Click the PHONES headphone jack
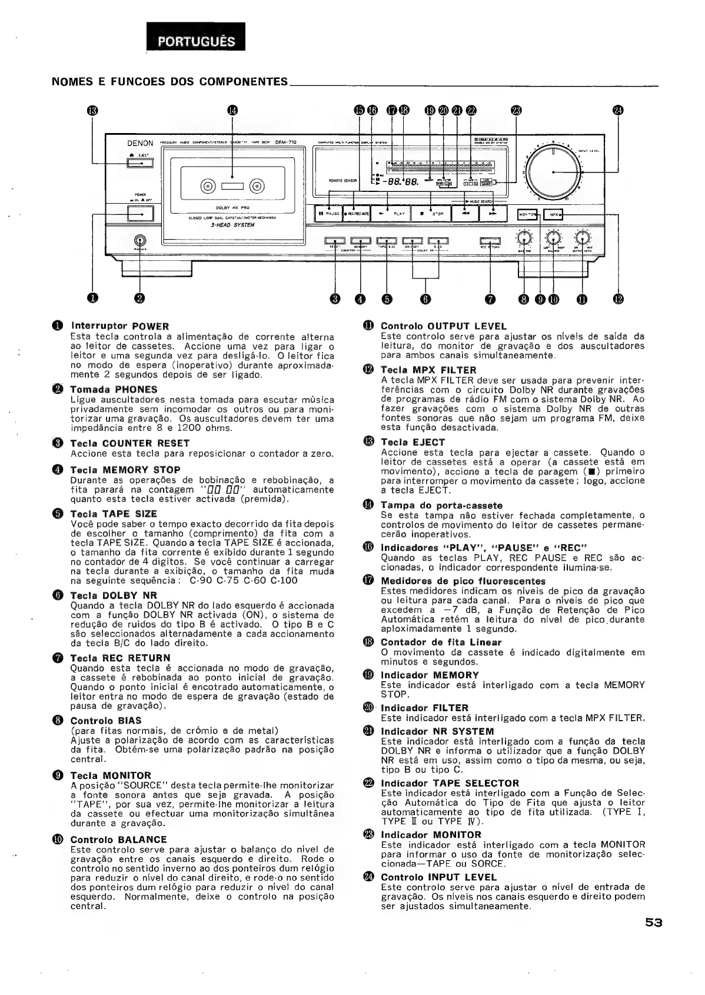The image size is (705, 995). click(x=140, y=240)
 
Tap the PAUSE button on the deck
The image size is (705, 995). click(x=327, y=213)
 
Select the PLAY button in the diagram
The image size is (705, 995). click(x=391, y=213)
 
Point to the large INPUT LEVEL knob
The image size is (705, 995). click(x=553, y=171)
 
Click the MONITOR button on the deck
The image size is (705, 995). click(x=527, y=214)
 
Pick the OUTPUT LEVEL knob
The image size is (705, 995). click(x=583, y=238)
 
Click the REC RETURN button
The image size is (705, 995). click(x=490, y=241)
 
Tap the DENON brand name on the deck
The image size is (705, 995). click(x=140, y=143)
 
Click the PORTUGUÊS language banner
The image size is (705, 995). click(x=196, y=41)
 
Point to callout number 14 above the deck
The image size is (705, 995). click(x=233, y=111)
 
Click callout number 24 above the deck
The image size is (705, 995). click(x=617, y=111)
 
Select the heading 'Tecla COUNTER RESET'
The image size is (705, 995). click(x=129, y=443)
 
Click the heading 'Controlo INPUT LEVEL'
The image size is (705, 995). click(x=438, y=877)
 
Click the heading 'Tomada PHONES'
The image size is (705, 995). click(x=114, y=390)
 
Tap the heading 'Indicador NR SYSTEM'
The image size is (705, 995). click(x=437, y=732)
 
